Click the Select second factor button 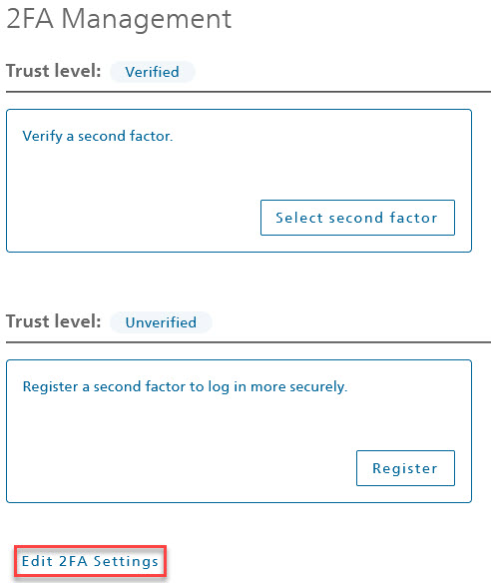click(357, 218)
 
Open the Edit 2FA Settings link click(91, 561)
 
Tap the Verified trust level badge click(153, 72)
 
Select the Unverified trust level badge click(161, 322)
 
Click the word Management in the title click(147, 19)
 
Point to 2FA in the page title click(30, 19)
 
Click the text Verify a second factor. click(98, 136)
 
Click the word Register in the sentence click(50, 386)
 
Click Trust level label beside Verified click(54, 71)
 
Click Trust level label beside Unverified click(54, 321)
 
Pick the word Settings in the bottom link click(126, 561)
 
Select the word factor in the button click(413, 218)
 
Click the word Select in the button click(299, 218)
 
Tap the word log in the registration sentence click(219, 387)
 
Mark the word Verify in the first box click(42, 137)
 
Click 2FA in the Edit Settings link click(73, 561)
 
